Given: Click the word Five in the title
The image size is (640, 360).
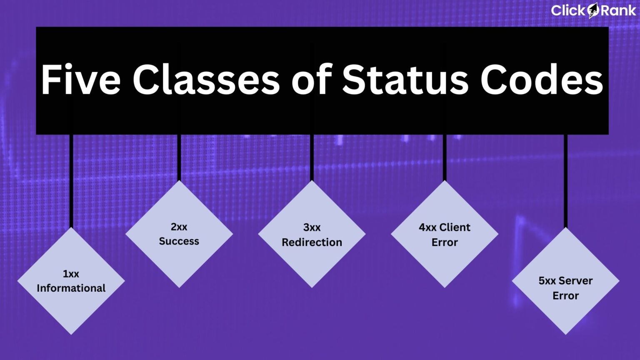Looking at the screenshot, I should pyautogui.click(x=81, y=80).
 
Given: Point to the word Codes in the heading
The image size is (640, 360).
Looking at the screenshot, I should pyautogui.click(x=542, y=80).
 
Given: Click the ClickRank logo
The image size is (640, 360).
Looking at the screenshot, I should pyautogui.click(x=593, y=10).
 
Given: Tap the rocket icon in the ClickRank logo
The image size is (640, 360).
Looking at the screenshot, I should pyautogui.click(x=593, y=11).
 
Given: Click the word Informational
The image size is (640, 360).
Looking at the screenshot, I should pyautogui.click(x=71, y=288).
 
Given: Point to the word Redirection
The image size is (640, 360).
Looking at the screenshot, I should pyautogui.click(x=312, y=242).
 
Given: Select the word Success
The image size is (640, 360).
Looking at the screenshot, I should pyautogui.click(x=179, y=241).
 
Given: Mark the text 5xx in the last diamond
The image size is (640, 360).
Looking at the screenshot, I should pyautogui.click(x=547, y=281).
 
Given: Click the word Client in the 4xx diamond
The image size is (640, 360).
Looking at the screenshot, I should pyautogui.click(x=455, y=227).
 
